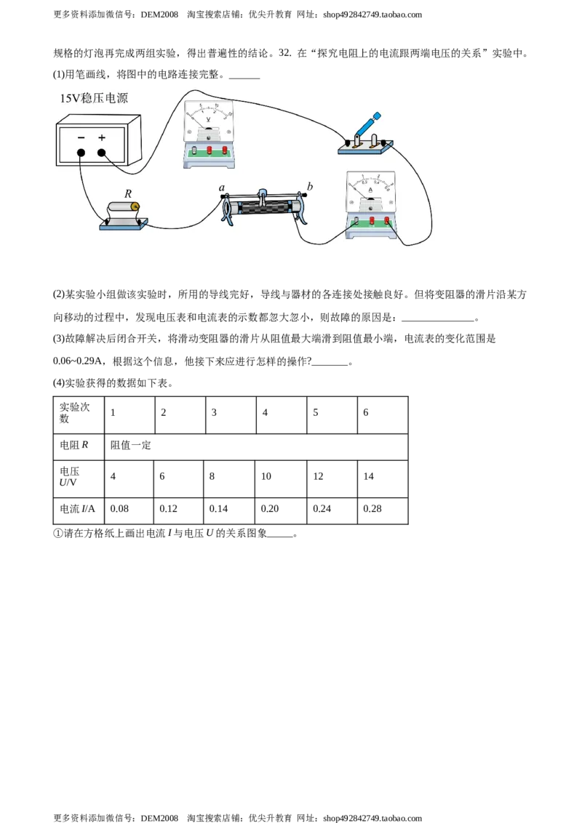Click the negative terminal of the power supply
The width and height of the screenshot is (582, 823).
pos(81,153)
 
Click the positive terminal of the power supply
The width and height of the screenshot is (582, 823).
pos(101,153)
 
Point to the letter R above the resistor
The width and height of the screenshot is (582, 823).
pos(128,193)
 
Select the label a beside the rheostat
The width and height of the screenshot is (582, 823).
pos(222,188)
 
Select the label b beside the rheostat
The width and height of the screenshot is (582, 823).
pos(310,186)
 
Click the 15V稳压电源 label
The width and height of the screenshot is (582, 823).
pos(94,98)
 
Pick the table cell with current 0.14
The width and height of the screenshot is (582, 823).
pos(229,509)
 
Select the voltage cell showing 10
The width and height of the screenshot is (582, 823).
pos(281,477)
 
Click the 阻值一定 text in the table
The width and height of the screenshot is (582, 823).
pos(131,445)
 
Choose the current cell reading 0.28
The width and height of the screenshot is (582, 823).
pos(383,509)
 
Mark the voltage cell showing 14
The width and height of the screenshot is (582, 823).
pos(383,477)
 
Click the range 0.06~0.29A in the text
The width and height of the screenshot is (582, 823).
pos(78,361)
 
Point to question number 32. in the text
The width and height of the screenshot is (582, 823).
pos(285,52)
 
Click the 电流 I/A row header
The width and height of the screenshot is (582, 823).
pos(79,509)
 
